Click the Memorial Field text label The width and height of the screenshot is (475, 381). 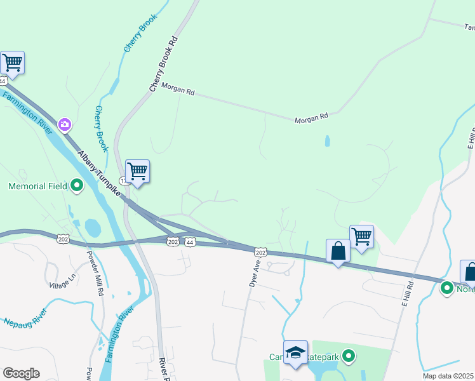36,186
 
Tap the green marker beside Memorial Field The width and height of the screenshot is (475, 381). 77,186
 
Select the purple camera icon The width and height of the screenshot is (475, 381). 64,124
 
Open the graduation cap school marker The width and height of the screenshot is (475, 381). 295,353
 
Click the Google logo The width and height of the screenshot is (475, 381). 21,373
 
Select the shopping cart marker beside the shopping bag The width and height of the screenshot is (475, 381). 361,237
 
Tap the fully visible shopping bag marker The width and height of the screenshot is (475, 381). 338,251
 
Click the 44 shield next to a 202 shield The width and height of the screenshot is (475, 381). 191,242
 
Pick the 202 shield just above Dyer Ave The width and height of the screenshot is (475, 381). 261,252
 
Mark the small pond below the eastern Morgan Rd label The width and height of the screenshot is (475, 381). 327,140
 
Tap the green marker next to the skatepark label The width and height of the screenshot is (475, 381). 347,357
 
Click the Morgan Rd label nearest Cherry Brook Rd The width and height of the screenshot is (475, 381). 178,90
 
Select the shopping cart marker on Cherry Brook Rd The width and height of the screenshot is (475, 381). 137,171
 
